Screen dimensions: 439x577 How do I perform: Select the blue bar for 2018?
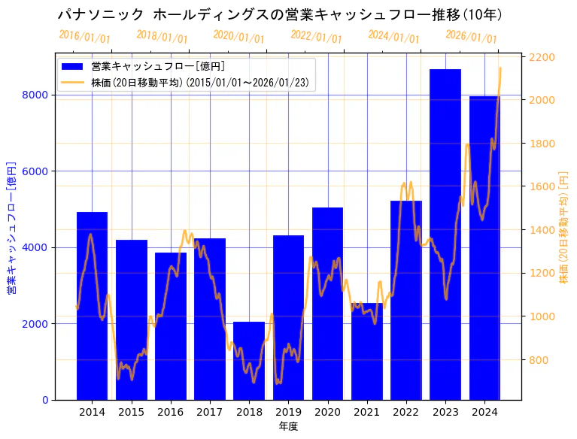(x=249, y=361)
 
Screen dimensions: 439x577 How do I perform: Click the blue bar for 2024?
(x=484, y=248)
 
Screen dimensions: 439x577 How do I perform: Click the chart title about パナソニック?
(x=280, y=14)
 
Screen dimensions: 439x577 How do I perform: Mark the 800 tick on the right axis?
(x=539, y=360)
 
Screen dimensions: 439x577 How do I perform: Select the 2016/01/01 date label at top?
(x=84, y=37)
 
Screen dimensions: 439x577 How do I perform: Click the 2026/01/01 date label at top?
(x=471, y=37)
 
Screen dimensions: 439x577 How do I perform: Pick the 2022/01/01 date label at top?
(x=316, y=37)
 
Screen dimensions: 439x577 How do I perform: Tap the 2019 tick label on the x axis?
(x=288, y=412)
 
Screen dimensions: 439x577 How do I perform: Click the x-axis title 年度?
(x=288, y=426)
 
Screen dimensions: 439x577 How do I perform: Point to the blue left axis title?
(x=11, y=226)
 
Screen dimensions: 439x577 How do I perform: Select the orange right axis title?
(x=563, y=226)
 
